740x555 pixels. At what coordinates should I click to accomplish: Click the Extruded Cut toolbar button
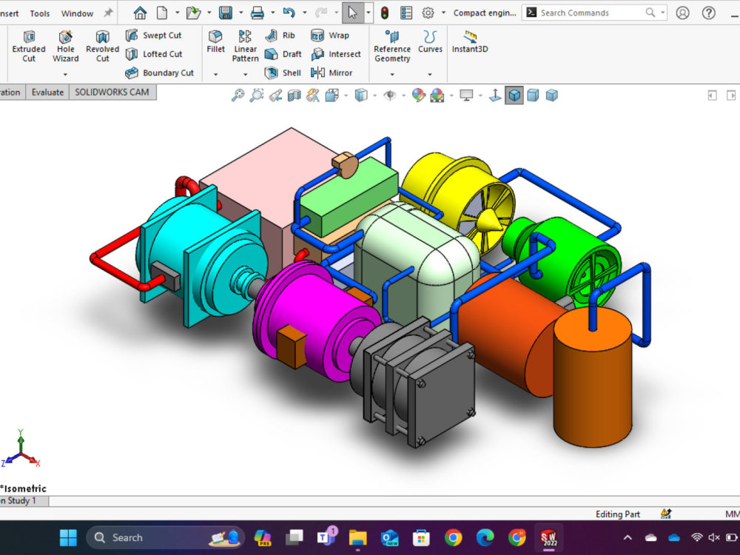[x=29, y=44]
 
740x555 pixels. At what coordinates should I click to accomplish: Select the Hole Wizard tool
[x=66, y=44]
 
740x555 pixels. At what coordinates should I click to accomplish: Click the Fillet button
[x=216, y=41]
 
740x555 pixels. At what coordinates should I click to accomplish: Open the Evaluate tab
[x=47, y=92]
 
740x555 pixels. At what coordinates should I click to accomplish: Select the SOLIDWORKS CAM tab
[x=112, y=92]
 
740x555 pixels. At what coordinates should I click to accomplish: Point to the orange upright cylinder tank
[x=593, y=385]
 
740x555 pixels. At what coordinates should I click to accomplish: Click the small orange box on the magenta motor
[x=290, y=346]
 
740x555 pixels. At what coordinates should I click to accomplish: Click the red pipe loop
[x=111, y=259]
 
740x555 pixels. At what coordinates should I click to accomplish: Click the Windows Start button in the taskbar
[x=68, y=537]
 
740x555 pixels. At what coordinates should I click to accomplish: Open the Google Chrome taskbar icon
[x=454, y=537]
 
